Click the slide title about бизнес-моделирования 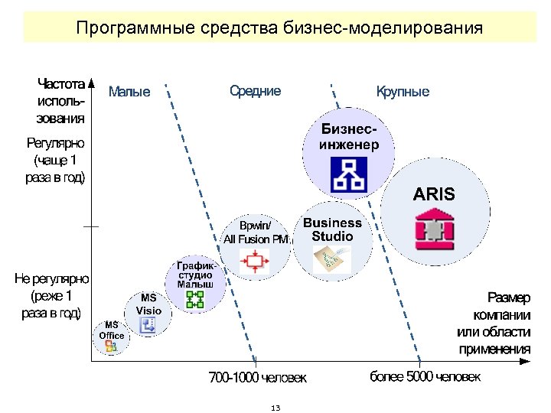click(x=279, y=29)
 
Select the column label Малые click(x=129, y=93)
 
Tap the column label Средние click(x=255, y=91)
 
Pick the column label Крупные click(x=403, y=92)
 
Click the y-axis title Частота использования click(x=60, y=99)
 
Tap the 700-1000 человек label click(x=258, y=378)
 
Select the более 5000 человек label click(x=425, y=377)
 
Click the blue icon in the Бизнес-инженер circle click(x=348, y=174)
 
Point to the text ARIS click(x=434, y=193)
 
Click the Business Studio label click(x=332, y=229)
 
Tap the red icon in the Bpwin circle click(x=254, y=262)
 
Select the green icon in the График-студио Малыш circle click(x=195, y=299)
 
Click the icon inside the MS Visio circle click(x=149, y=325)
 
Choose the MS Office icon click(x=111, y=346)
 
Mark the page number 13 click(x=275, y=408)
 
